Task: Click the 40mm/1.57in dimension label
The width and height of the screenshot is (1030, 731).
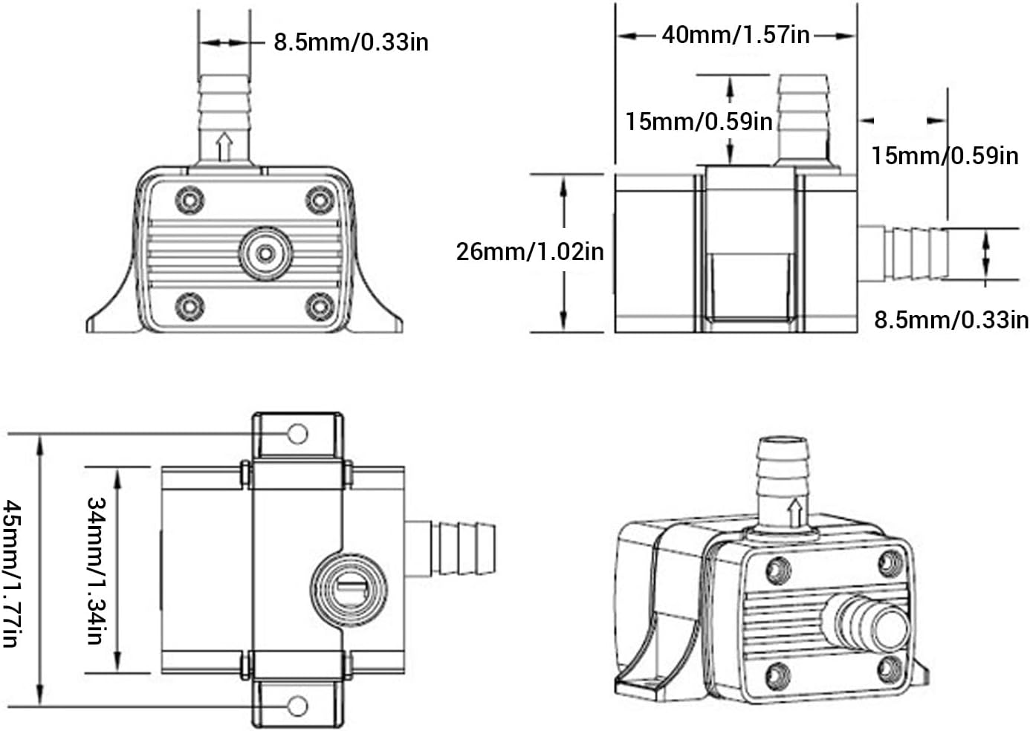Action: pyautogui.click(x=735, y=35)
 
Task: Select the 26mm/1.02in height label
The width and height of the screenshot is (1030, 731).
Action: pyautogui.click(x=530, y=251)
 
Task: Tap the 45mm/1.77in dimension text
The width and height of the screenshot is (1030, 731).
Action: pyautogui.click(x=13, y=572)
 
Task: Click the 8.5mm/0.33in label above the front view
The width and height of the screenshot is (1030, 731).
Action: pyautogui.click(x=351, y=42)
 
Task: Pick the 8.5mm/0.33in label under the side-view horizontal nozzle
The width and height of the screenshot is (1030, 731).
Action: pyautogui.click(x=950, y=319)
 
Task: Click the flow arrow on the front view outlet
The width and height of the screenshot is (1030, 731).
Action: pyautogui.click(x=224, y=146)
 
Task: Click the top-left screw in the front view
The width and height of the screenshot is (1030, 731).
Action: pyautogui.click(x=190, y=199)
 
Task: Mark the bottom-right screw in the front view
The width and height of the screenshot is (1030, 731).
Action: pyautogui.click(x=320, y=305)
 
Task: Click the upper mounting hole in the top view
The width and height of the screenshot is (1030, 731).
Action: pyautogui.click(x=297, y=433)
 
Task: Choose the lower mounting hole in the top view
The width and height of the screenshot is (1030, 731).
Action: pyautogui.click(x=297, y=705)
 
